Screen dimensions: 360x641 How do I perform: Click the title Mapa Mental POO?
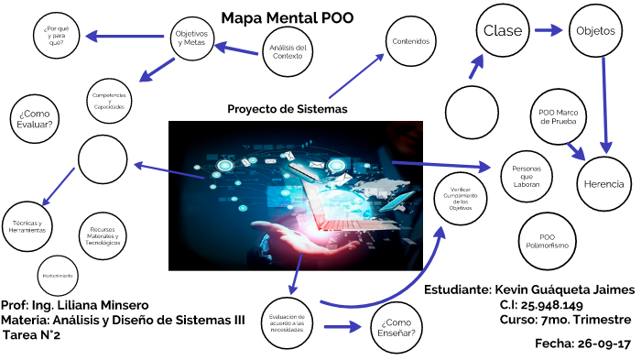[x=287, y=17]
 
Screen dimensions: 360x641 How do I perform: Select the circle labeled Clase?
[x=503, y=30]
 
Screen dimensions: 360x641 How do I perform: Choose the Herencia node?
[x=603, y=183]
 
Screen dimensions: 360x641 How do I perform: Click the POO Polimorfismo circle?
[x=547, y=241]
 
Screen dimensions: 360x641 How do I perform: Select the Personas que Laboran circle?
[x=526, y=177]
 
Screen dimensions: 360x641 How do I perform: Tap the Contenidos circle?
[x=410, y=41]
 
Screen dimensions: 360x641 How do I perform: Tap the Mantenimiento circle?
[x=58, y=275]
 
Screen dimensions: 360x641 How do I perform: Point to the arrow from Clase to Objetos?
[x=549, y=30]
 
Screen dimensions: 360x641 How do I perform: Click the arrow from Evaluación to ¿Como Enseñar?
[x=342, y=324]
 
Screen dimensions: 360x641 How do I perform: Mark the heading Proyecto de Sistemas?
[x=288, y=109]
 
